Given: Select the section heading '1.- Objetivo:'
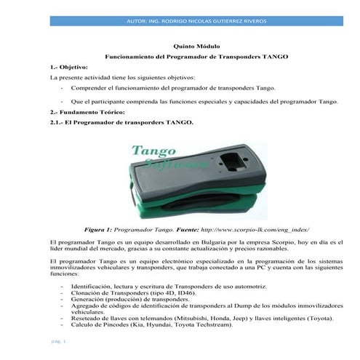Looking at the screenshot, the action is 64,66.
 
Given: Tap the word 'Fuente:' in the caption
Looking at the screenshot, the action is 192,228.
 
